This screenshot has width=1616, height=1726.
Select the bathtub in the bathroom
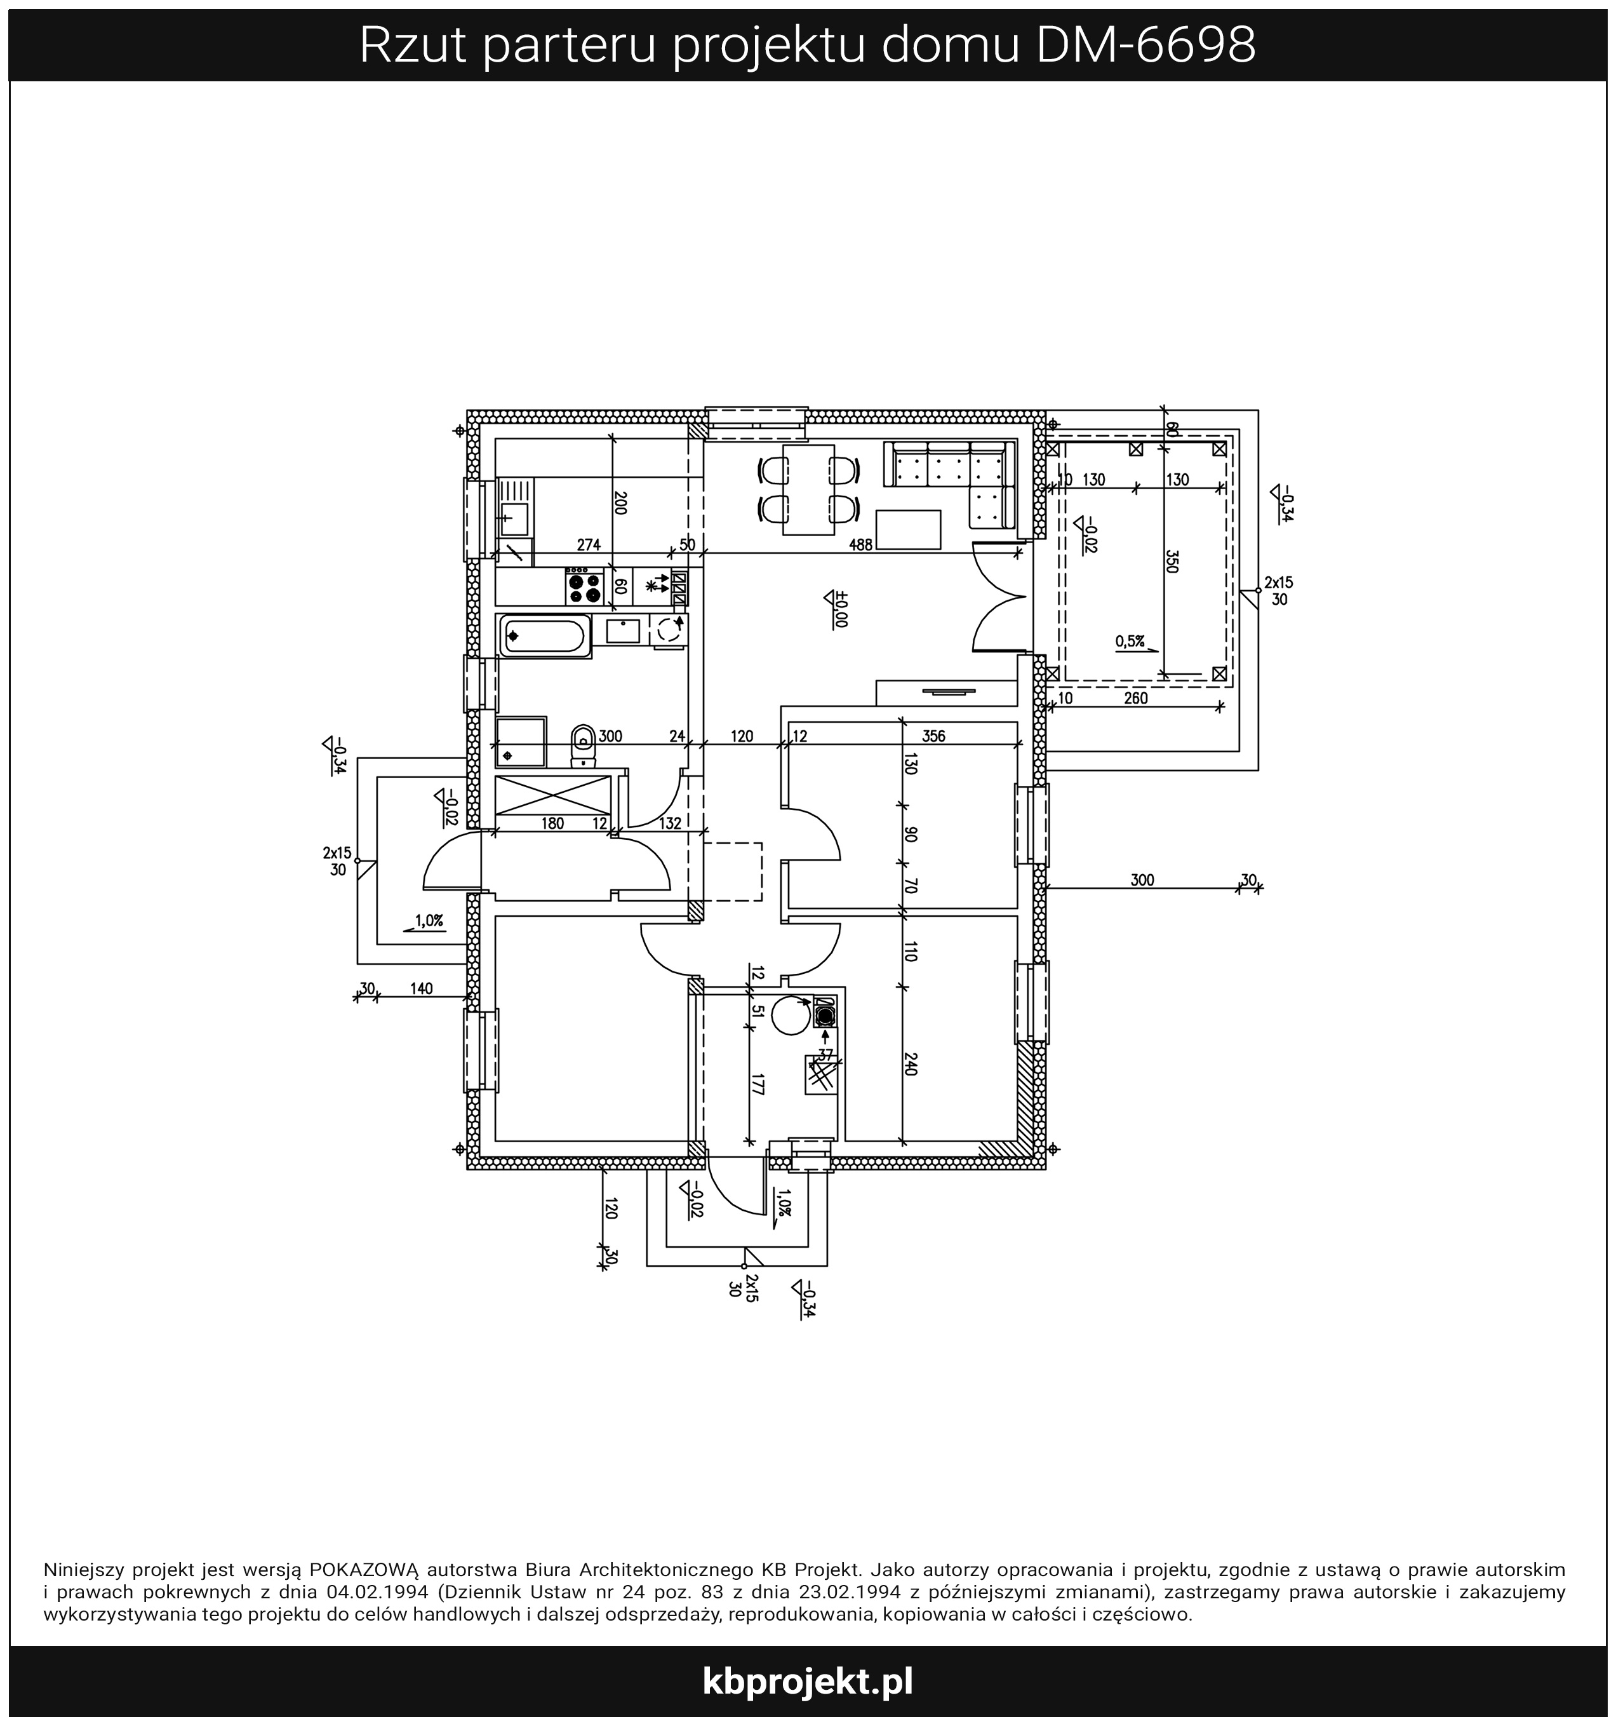tap(544, 637)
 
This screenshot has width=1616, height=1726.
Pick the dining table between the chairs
tap(808, 490)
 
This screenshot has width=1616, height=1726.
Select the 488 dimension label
tap(861, 544)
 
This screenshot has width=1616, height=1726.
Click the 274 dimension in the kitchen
tap(589, 544)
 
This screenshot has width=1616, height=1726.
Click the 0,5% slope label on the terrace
tap(1131, 642)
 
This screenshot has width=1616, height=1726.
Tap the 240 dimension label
tap(909, 1065)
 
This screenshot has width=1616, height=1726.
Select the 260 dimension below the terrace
tap(1135, 698)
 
